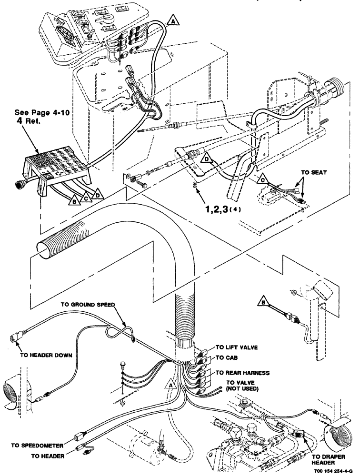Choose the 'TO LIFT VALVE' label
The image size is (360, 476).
pos(237,347)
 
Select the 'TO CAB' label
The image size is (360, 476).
pos(227,357)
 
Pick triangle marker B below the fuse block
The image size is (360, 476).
pos(74,200)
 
